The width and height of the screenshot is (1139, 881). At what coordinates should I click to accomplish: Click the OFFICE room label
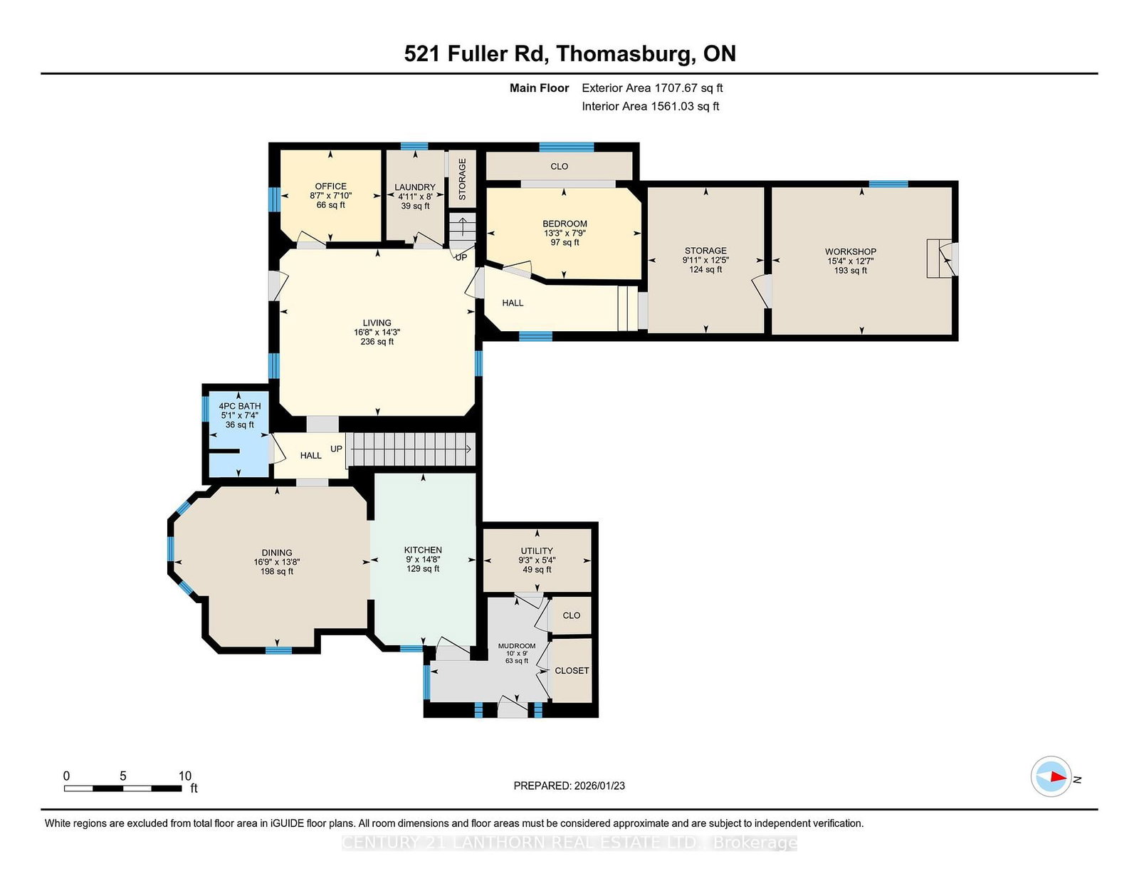(331, 186)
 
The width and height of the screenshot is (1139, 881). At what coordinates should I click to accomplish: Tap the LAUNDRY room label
(415, 187)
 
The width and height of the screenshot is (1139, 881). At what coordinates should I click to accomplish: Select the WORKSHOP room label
(851, 251)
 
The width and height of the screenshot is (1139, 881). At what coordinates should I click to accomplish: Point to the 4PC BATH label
(239, 406)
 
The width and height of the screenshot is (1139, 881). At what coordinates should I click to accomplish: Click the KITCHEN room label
(423, 550)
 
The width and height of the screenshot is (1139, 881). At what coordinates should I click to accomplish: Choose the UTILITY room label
(537, 551)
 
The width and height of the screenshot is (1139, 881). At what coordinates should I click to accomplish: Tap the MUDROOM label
(517, 646)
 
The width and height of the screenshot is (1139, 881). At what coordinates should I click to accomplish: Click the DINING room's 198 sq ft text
(277, 571)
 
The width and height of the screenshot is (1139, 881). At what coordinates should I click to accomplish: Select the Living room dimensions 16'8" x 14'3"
(377, 332)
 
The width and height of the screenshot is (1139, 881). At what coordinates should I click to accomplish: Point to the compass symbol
(1051, 776)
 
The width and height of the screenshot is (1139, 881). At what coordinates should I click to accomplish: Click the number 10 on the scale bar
(185, 776)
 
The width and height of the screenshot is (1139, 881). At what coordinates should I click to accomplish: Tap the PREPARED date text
(569, 786)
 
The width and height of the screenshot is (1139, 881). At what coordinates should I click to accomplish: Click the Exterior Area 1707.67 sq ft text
(652, 88)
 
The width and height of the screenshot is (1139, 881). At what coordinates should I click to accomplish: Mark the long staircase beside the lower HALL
(411, 449)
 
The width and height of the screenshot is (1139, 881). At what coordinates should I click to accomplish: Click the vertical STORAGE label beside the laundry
(462, 179)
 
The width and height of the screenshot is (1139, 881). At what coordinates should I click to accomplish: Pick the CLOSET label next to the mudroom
(572, 671)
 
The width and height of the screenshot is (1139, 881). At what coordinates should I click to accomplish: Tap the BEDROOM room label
(565, 224)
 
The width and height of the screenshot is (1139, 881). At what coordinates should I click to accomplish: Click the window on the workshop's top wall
(888, 184)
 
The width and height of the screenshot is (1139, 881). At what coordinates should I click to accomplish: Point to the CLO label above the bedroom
(560, 166)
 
